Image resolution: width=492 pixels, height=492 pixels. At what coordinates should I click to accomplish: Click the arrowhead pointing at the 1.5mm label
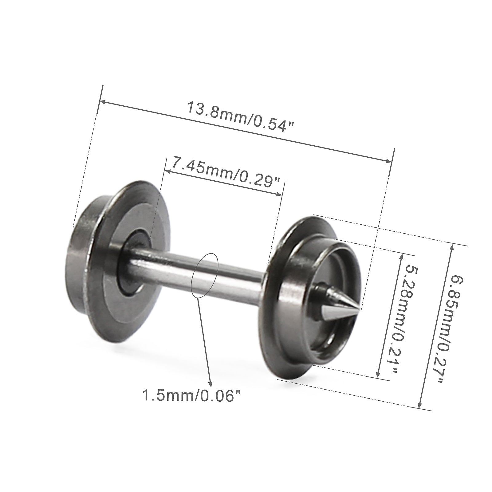210,384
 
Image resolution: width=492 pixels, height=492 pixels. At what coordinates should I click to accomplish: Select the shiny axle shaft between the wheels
197,270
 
